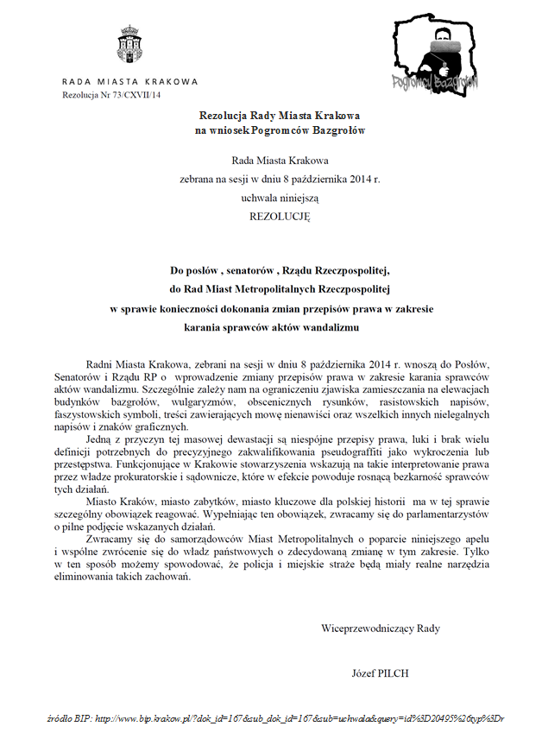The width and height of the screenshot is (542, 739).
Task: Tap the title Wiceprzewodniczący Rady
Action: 381,628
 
